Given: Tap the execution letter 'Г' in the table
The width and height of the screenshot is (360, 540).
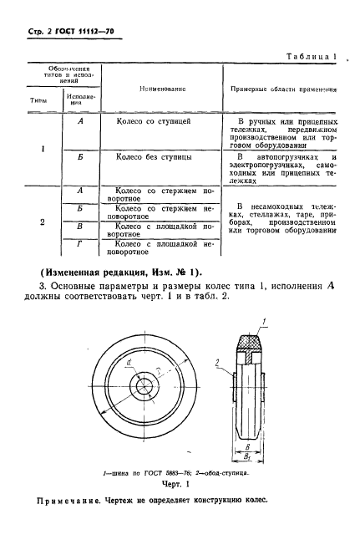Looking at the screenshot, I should [78, 245].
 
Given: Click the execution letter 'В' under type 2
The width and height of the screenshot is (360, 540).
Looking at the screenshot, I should [78, 227].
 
